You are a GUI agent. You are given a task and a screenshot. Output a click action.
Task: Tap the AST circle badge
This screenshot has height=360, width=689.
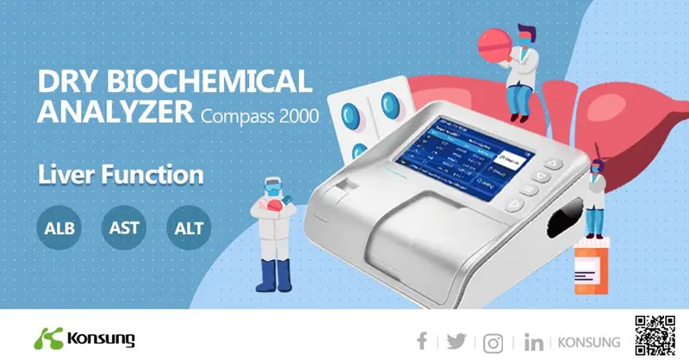tap(125, 229)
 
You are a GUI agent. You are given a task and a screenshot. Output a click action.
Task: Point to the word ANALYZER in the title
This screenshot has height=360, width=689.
tap(115, 112)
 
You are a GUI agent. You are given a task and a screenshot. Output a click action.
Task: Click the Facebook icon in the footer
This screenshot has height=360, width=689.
tap(422, 341)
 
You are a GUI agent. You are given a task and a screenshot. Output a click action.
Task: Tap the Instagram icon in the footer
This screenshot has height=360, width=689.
tap(493, 341)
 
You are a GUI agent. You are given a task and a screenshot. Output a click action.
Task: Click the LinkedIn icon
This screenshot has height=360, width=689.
tap(533, 342)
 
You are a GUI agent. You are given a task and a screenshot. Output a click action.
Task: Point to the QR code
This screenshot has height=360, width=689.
tap(654, 334)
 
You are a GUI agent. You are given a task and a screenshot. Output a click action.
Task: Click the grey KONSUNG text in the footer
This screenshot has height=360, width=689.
tap(590, 342)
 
